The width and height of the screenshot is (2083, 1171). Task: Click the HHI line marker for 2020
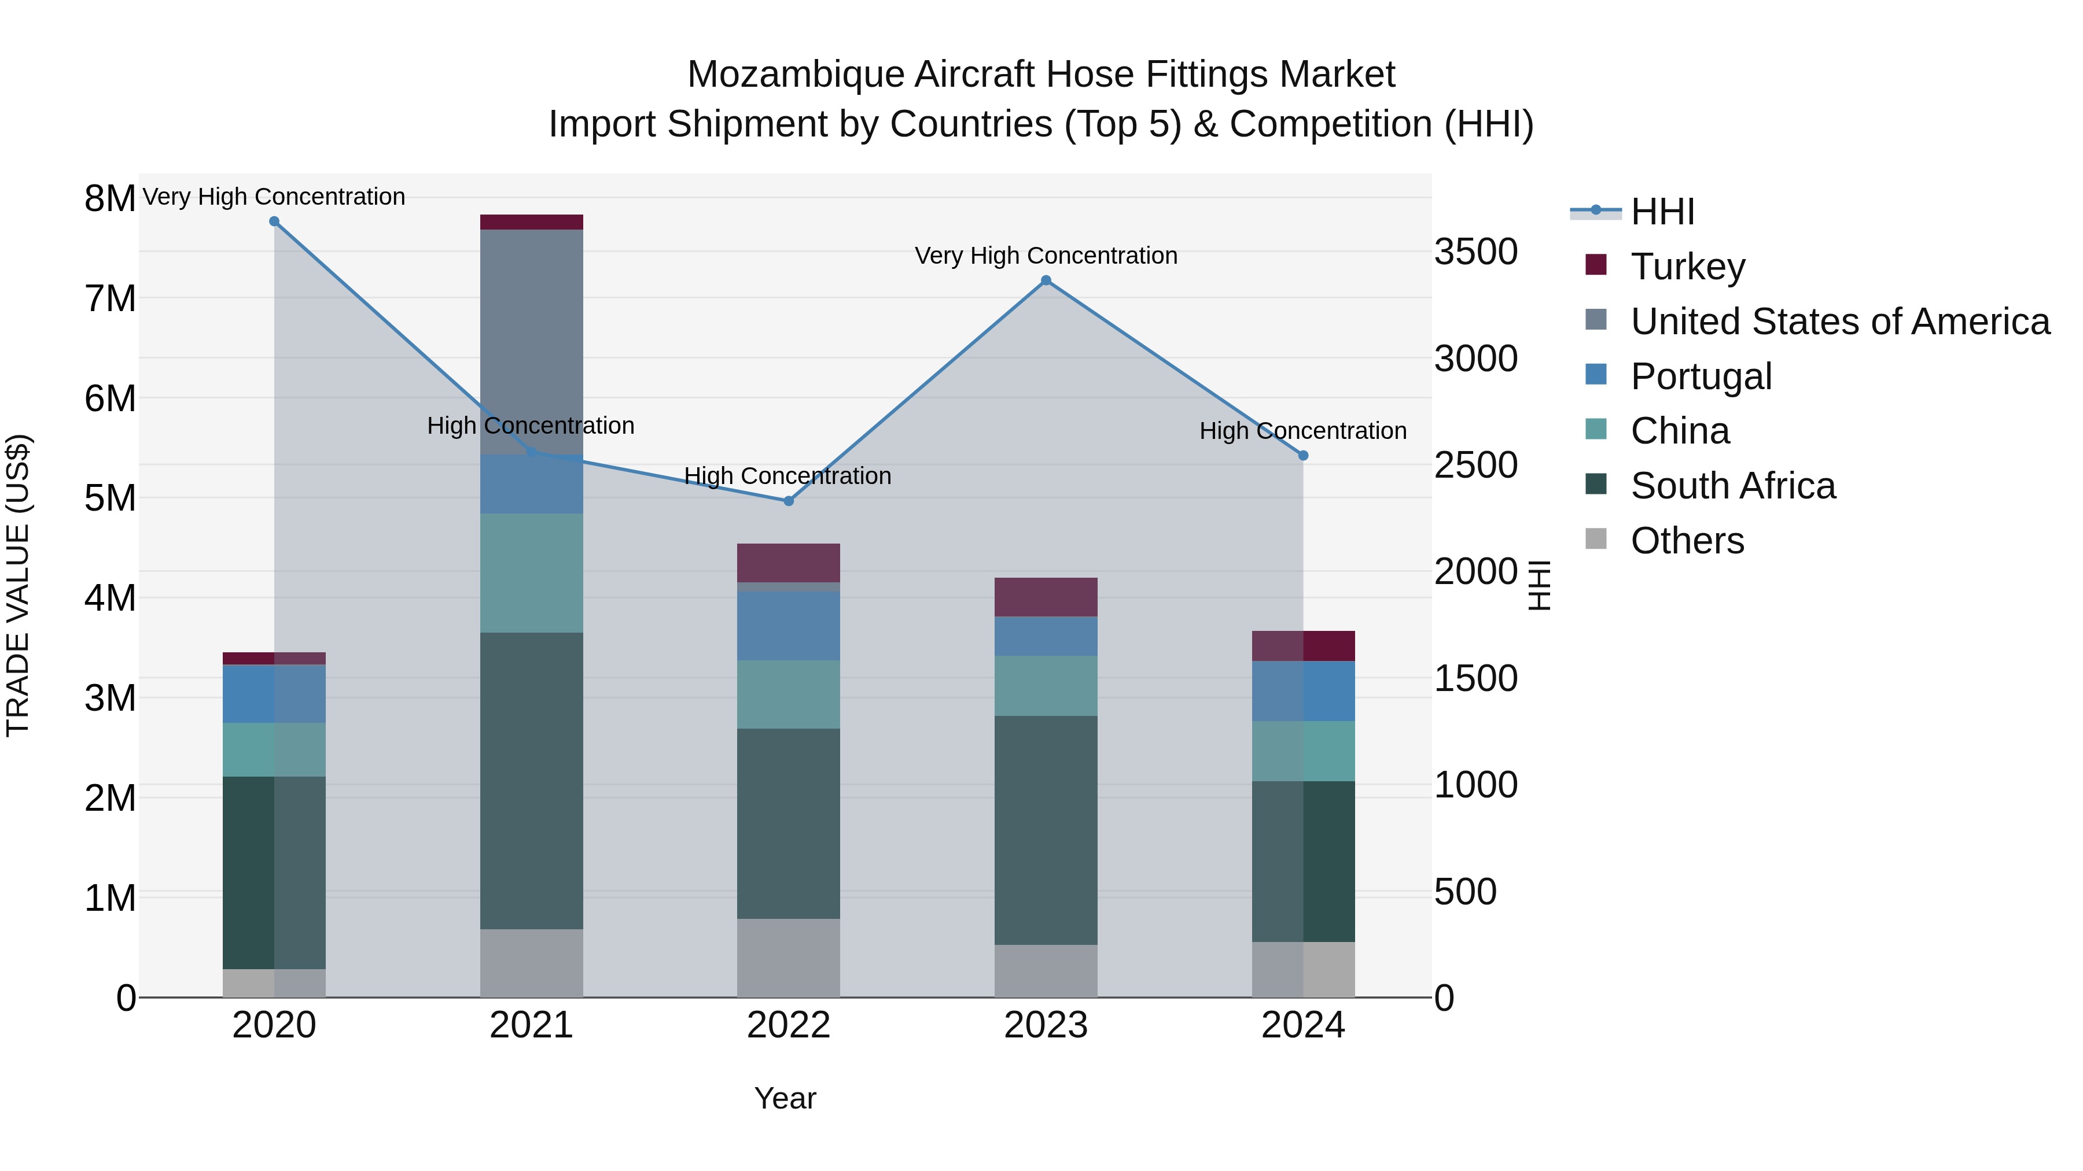pyautogui.click(x=274, y=221)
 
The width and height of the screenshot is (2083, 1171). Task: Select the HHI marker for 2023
pyautogui.click(x=1046, y=280)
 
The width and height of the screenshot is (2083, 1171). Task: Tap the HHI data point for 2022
pyautogui.click(x=789, y=501)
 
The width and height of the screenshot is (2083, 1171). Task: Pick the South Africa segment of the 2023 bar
pyautogui.click(x=1046, y=829)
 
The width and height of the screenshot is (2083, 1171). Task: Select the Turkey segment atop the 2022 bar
pyautogui.click(x=789, y=563)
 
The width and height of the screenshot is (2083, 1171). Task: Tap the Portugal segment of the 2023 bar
pyautogui.click(x=1046, y=636)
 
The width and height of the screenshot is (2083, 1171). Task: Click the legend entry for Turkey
pyautogui.click(x=1688, y=267)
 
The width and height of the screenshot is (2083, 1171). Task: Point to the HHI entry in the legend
pyautogui.click(x=1662, y=212)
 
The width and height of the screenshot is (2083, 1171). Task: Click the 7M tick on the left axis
pyautogui.click(x=110, y=298)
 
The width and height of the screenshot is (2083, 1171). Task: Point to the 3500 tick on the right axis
pyautogui.click(x=1475, y=252)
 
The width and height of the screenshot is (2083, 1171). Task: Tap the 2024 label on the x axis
pyautogui.click(x=1302, y=1025)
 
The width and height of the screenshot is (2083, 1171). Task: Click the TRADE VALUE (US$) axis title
pyautogui.click(x=18, y=585)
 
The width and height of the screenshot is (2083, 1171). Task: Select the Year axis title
pyautogui.click(x=785, y=1098)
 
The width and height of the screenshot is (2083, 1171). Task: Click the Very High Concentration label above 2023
pyautogui.click(x=1046, y=256)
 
